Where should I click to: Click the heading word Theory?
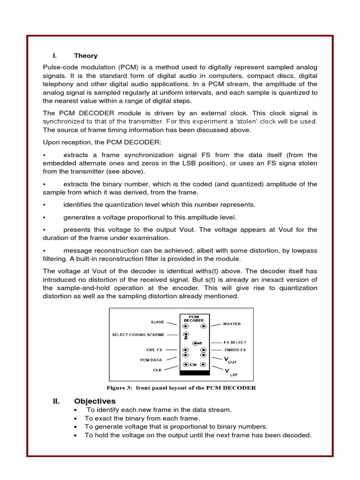(86, 56)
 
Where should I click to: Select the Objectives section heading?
(94, 401)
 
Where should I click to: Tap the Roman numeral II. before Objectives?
(58, 401)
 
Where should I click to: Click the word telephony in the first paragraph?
(58, 84)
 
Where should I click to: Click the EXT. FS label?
(155, 350)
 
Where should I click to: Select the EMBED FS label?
(235, 350)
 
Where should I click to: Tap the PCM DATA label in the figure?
(151, 360)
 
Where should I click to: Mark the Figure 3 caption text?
(181, 388)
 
